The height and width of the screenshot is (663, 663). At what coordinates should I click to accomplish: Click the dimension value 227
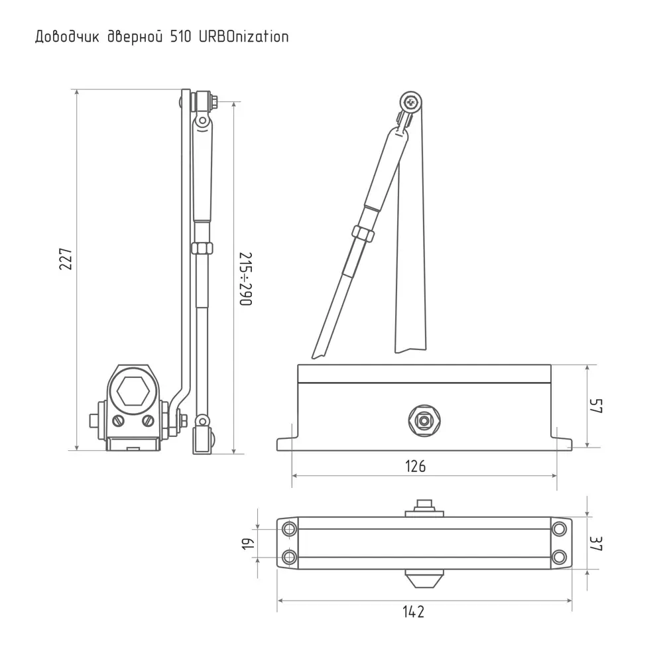click(66, 259)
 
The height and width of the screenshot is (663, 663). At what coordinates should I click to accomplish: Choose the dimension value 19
click(248, 544)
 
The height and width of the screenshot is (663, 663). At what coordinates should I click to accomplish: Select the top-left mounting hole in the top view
click(289, 529)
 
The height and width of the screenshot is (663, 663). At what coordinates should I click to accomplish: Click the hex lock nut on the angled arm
click(362, 233)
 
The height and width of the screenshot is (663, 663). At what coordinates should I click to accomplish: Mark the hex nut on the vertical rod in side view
click(201, 248)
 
